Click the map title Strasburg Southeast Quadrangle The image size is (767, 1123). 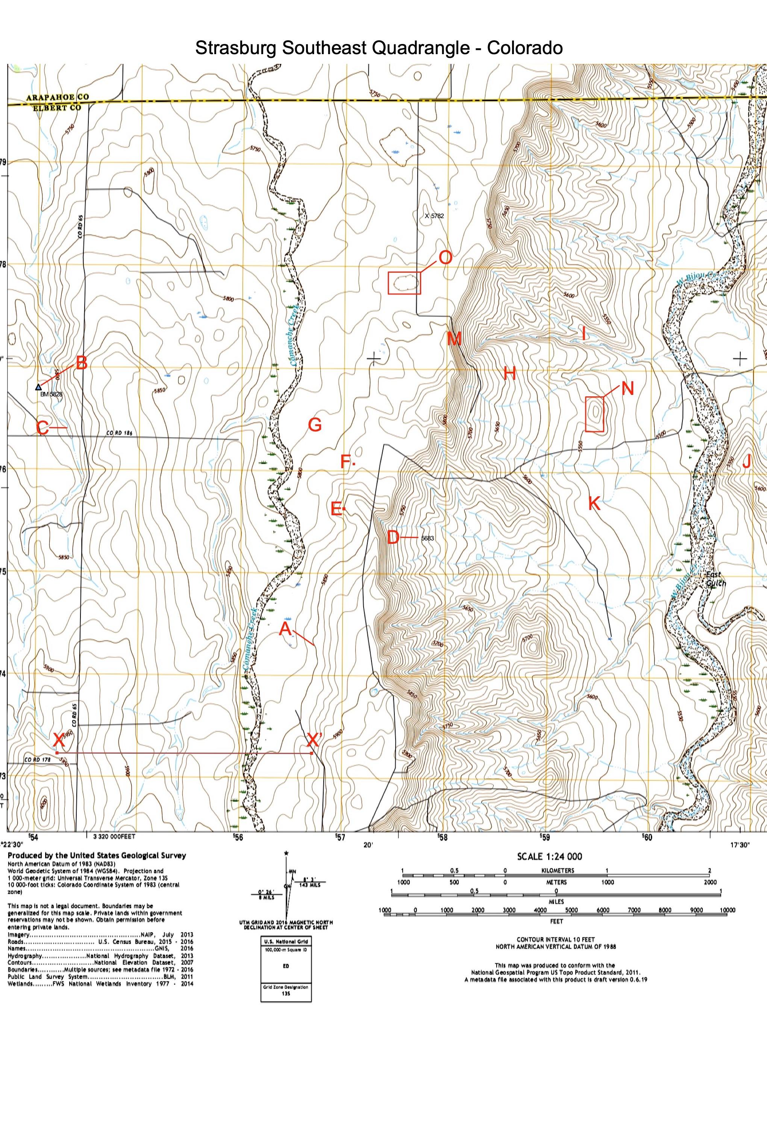point(379,48)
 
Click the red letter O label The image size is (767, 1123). point(445,258)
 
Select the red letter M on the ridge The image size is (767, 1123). point(453,339)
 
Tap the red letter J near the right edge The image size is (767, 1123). point(747,463)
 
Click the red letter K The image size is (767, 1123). point(594,504)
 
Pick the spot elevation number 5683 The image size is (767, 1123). point(427,538)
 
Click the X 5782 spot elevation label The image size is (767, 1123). point(434,216)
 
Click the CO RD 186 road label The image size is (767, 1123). point(119,433)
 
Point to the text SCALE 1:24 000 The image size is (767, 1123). point(556,857)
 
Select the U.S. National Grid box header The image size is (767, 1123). point(286,942)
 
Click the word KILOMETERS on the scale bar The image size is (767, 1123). point(556,871)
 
